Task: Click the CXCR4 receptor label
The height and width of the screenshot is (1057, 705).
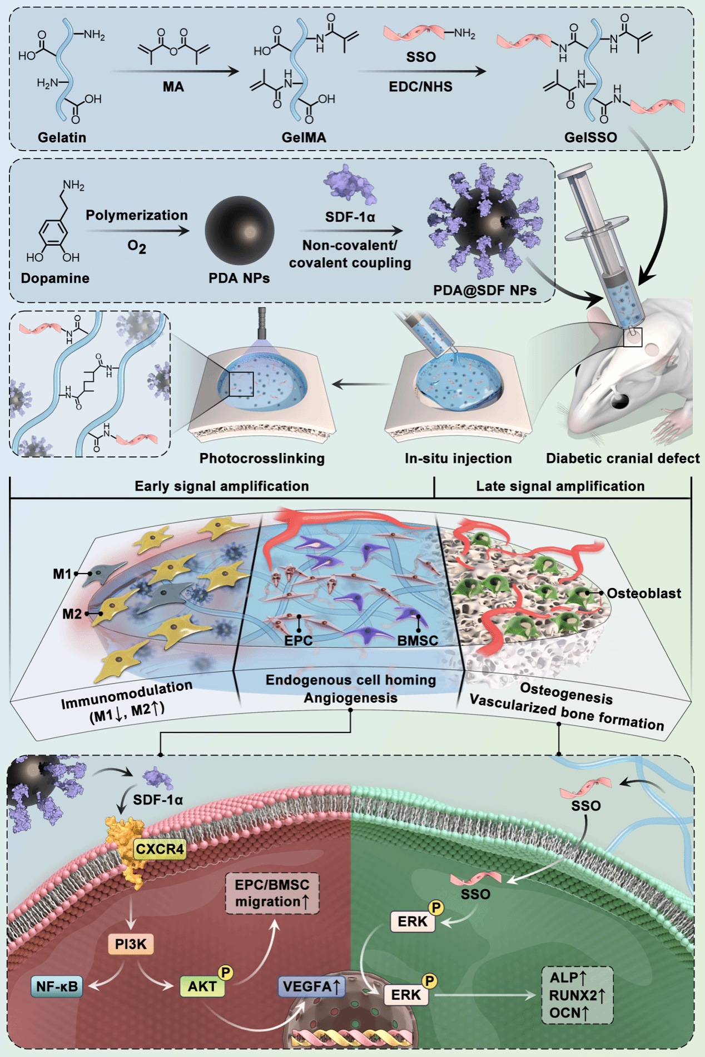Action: click(160, 849)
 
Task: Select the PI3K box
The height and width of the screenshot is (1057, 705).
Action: click(131, 944)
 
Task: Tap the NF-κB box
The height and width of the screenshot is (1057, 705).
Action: click(57, 986)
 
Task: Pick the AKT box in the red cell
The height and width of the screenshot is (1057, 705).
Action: click(202, 986)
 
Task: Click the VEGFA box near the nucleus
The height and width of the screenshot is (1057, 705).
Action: click(311, 986)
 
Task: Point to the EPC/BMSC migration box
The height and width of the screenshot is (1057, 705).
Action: click(272, 893)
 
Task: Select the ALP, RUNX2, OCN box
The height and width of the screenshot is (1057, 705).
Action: click(577, 995)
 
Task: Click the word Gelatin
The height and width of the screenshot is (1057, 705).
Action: click(62, 137)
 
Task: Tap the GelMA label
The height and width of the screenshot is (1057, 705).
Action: click(304, 137)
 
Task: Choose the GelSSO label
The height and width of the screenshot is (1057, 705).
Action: click(590, 137)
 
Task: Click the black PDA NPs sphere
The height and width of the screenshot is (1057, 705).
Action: click(240, 230)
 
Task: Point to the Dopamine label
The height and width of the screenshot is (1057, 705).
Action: click(55, 278)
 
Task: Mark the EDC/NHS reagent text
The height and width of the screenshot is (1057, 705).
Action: click(420, 87)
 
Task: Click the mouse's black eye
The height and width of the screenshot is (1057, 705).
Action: click(620, 400)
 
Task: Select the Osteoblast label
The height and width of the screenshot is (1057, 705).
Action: click(643, 593)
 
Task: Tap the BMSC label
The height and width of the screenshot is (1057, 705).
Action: click(418, 640)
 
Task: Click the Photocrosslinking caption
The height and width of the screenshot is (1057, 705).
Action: click(262, 458)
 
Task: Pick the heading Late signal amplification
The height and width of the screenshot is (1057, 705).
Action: click(560, 486)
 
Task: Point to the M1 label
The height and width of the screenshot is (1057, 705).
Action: click(62, 574)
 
